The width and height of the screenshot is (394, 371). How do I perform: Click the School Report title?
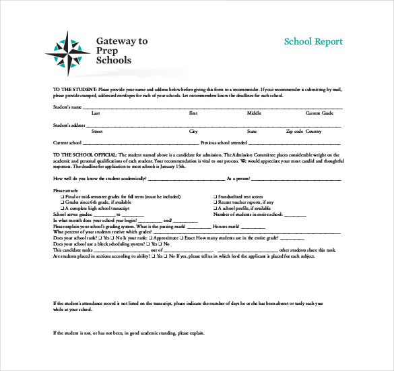(x=313, y=41)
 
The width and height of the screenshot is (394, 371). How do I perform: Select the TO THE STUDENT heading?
(x=75, y=89)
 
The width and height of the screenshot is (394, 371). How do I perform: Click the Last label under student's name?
(x=96, y=113)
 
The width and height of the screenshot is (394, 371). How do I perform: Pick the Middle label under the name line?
(x=254, y=113)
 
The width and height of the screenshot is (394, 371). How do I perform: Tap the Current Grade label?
(x=319, y=113)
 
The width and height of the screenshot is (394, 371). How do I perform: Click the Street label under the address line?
(x=97, y=132)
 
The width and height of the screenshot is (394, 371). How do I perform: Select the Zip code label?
(x=294, y=132)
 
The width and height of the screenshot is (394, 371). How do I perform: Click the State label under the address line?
(x=252, y=132)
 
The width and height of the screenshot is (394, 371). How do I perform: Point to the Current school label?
(x=67, y=143)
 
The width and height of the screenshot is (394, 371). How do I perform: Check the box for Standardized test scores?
(x=215, y=197)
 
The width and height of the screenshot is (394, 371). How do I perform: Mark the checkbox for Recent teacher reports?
(x=215, y=202)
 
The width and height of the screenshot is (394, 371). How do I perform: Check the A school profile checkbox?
(x=215, y=208)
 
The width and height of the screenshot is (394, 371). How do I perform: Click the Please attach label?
(x=65, y=191)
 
